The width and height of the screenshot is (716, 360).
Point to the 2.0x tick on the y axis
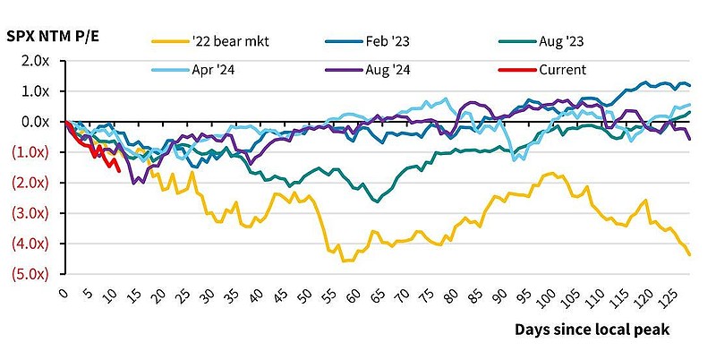point(35,61)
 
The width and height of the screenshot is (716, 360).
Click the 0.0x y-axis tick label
point(35,122)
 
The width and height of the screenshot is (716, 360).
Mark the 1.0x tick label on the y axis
point(35,91)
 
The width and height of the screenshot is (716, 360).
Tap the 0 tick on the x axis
point(64,293)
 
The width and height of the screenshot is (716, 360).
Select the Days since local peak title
point(592,330)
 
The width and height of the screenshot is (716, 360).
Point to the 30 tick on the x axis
point(209,293)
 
